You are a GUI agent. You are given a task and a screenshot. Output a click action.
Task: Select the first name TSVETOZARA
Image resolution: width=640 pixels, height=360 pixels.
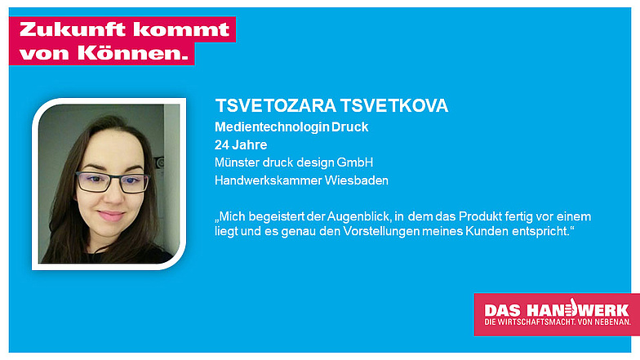(276, 106)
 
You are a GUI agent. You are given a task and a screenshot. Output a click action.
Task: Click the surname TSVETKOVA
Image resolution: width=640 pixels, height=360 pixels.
(394, 106)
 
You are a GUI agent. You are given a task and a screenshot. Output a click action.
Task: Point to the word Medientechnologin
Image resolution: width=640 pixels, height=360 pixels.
(272, 127)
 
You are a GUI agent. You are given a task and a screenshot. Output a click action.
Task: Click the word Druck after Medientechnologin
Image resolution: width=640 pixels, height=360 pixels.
(349, 127)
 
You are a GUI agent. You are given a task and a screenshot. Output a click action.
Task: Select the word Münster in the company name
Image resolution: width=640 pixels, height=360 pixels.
(237, 162)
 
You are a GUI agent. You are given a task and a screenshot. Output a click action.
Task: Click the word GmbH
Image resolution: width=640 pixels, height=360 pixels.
(354, 162)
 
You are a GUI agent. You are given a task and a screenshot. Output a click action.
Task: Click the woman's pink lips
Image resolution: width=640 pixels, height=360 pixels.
(111, 216)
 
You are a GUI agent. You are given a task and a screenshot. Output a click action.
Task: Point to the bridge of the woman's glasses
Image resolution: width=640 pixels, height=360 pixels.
(113, 178)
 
